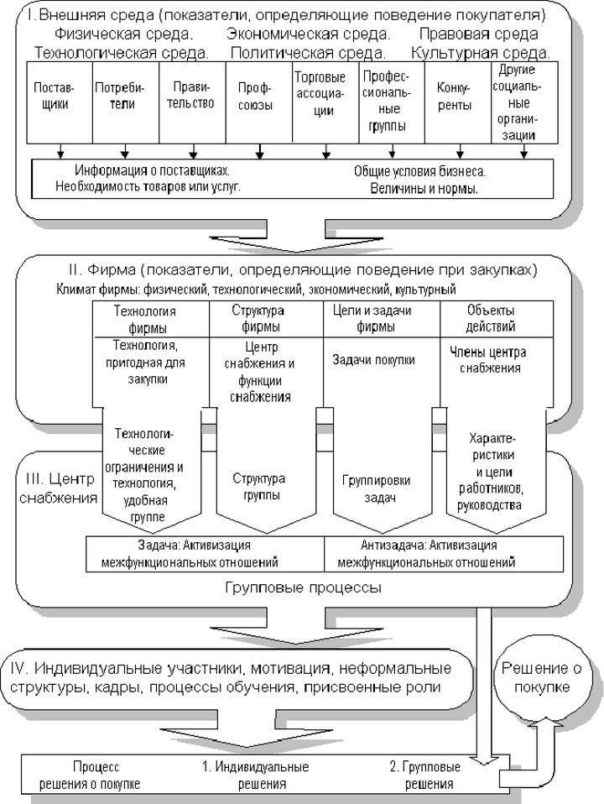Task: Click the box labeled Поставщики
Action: pyautogui.click(x=60, y=102)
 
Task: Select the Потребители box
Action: pyautogui.click(x=126, y=102)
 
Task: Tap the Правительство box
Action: pyautogui.click(x=193, y=102)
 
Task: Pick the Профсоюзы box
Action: pyautogui.click(x=259, y=102)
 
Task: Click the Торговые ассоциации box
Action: pyautogui.click(x=325, y=102)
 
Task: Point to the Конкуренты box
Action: pyautogui.click(x=458, y=102)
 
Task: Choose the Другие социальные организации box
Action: pyautogui.click(x=524, y=102)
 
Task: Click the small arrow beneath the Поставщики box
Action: pyautogui.click(x=60, y=151)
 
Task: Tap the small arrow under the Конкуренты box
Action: pyautogui.click(x=460, y=151)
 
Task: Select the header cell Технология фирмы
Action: pyautogui.click(x=151, y=319)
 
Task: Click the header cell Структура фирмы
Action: pyautogui.click(x=266, y=319)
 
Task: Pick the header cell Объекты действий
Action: pyautogui.click(x=497, y=319)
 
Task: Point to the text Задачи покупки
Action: pyautogui.click(x=373, y=360)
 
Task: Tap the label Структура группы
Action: pyautogui.click(x=259, y=487)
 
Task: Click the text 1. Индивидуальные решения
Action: pyautogui.click(x=255, y=775)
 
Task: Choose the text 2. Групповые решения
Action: pyautogui.click(x=425, y=775)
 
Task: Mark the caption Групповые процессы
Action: pyautogui.click(x=303, y=587)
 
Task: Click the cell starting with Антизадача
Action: pyautogui.click(x=444, y=554)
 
